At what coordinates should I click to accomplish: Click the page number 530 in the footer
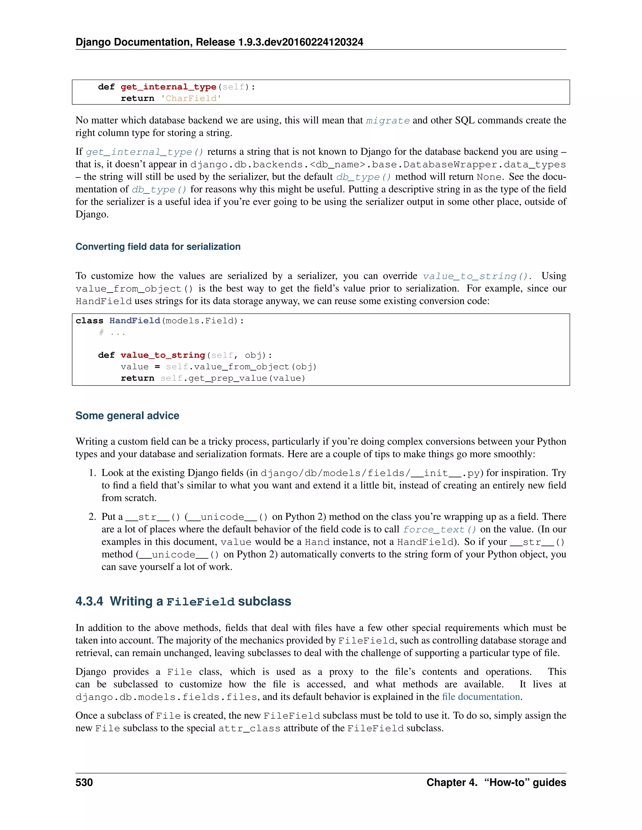click(84, 782)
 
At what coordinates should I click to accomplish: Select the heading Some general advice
click(127, 415)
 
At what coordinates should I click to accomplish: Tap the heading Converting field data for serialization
click(158, 246)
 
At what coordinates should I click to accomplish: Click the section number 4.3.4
click(89, 601)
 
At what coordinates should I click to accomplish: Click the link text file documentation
click(481, 697)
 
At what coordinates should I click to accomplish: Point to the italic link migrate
click(387, 121)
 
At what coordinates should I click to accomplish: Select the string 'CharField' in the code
click(191, 98)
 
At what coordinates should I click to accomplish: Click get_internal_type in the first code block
click(168, 87)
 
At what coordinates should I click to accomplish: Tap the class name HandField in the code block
click(134, 321)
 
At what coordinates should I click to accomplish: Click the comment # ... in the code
click(112, 333)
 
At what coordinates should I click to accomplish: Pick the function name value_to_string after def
click(163, 355)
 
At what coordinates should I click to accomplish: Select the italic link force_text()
click(439, 529)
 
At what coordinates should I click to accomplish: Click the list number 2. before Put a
click(92, 516)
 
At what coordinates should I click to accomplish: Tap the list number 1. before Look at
click(92, 473)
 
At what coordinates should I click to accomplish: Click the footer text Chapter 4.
click(451, 782)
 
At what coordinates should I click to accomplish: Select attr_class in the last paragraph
click(249, 729)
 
